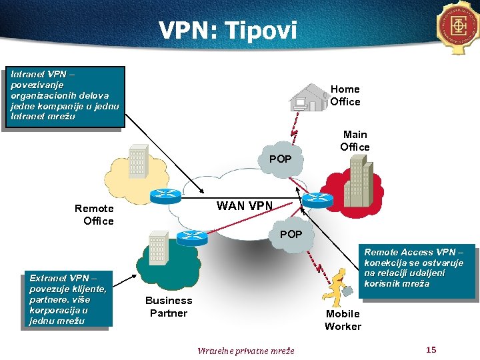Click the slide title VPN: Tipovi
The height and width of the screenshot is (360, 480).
[x=227, y=30]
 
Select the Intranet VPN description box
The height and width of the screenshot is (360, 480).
[x=63, y=95]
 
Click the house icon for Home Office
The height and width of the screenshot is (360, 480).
[x=308, y=97]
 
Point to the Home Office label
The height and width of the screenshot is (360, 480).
[x=345, y=95]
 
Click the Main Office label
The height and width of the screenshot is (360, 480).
[x=355, y=141]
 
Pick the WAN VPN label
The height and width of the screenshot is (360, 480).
[x=244, y=206]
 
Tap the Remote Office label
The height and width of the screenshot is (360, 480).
[x=95, y=215]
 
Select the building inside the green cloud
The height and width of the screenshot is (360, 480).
[x=157, y=248]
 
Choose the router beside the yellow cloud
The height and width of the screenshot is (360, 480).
[x=161, y=195]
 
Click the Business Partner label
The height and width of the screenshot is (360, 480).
[x=169, y=307]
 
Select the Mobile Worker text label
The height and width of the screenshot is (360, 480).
[x=343, y=320]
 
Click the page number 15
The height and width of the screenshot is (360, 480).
[x=431, y=350]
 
